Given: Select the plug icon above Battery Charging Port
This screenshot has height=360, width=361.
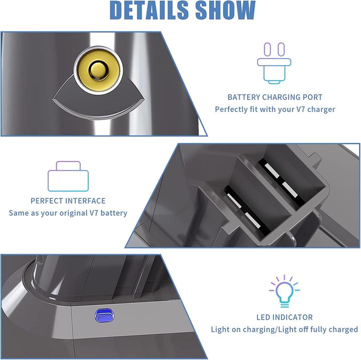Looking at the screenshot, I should [274, 65].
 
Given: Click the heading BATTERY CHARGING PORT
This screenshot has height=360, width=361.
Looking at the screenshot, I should [275, 97].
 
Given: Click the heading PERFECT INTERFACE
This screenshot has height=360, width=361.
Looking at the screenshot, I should [68, 201].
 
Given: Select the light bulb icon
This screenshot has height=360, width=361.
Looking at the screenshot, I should [284, 290].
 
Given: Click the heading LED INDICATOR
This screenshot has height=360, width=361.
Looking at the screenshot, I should [285, 317].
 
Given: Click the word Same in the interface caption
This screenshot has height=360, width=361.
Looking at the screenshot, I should [19, 213].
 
